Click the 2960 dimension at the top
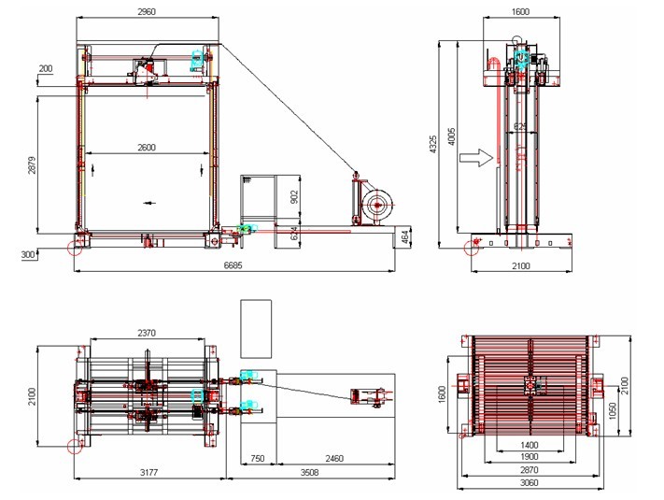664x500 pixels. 147,11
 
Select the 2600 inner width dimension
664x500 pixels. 147,148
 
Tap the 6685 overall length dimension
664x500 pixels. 233,265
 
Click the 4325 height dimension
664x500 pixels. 432,145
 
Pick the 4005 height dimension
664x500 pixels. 451,136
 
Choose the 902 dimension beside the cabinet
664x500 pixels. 295,197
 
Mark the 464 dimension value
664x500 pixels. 405,236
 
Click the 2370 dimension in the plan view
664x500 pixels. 147,334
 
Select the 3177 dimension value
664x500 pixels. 149,472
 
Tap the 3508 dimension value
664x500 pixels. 309,472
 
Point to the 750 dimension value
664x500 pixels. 258,459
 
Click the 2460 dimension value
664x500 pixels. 334,459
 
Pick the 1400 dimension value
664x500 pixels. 530,445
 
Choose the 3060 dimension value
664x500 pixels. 530,482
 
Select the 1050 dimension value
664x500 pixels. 613,410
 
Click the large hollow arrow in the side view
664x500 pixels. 477,158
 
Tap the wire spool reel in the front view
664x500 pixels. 376,205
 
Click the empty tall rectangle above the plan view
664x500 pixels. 256,329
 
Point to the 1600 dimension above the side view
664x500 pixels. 520,11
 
